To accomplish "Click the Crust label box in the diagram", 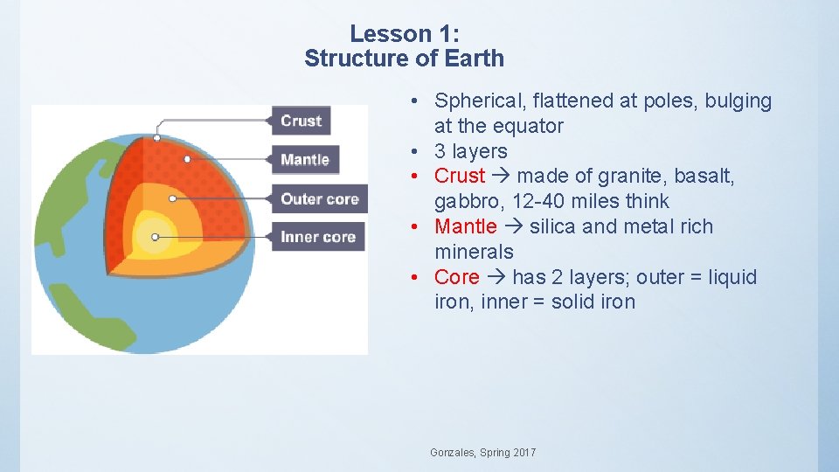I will click(302, 121).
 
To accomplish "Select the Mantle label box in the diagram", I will click(305, 159).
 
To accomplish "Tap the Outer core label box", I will click(319, 198).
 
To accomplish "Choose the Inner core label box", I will click(317, 237).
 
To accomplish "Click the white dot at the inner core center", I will click(155, 237).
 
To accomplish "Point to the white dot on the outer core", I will click(172, 198).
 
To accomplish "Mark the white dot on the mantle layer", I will click(187, 159).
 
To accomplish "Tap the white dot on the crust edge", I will click(156, 137).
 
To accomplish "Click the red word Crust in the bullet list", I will click(459, 176).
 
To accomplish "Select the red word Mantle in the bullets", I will click(465, 226).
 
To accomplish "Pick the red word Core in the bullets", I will click(456, 277).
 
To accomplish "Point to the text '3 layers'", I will click(470, 151).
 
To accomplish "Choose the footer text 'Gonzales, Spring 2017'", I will click(483, 452).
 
